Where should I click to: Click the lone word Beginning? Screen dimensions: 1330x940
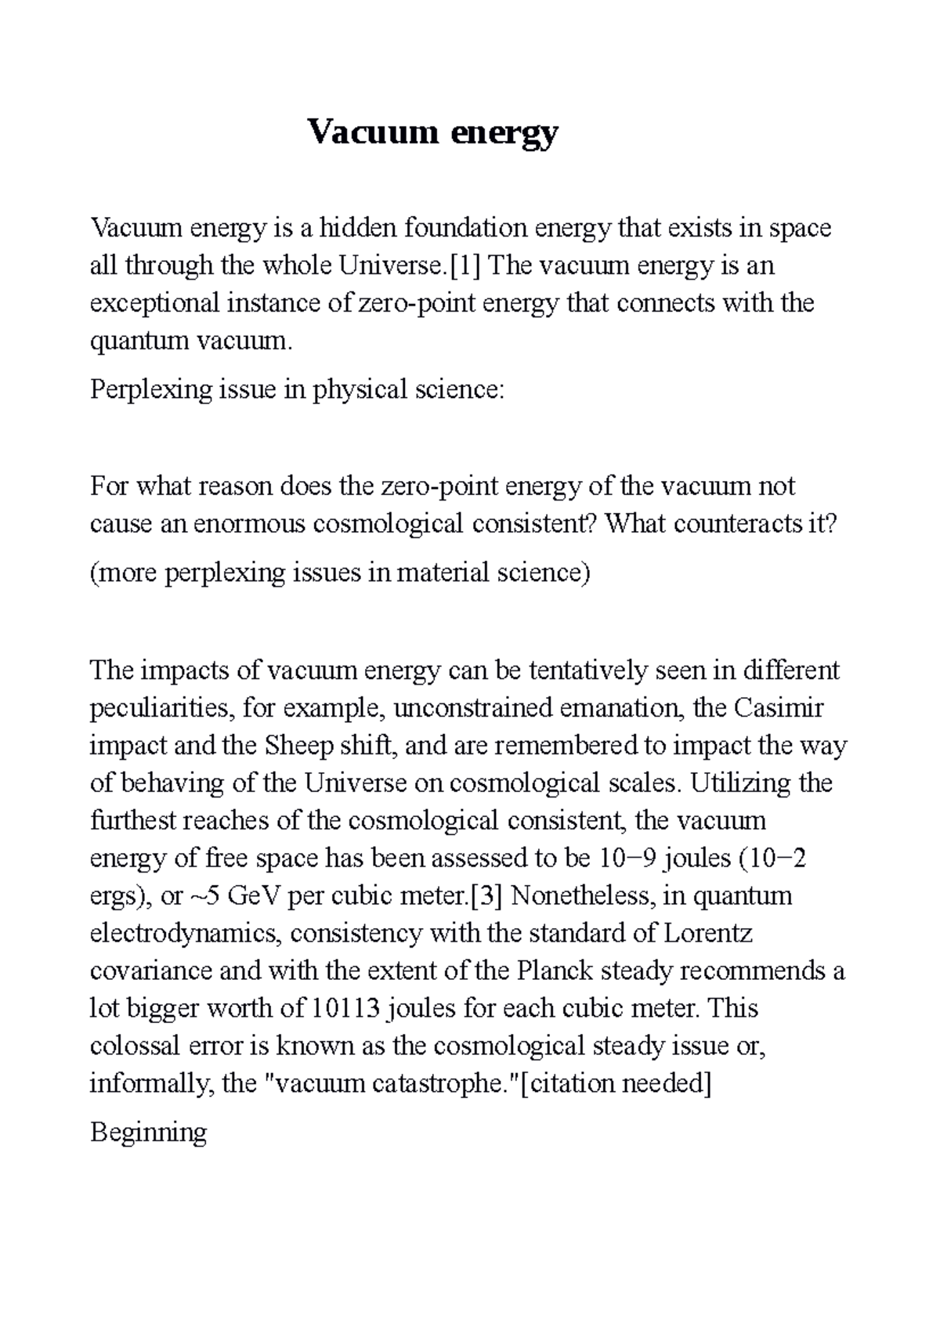[148, 1133]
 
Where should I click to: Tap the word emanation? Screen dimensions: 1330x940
[624, 709]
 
